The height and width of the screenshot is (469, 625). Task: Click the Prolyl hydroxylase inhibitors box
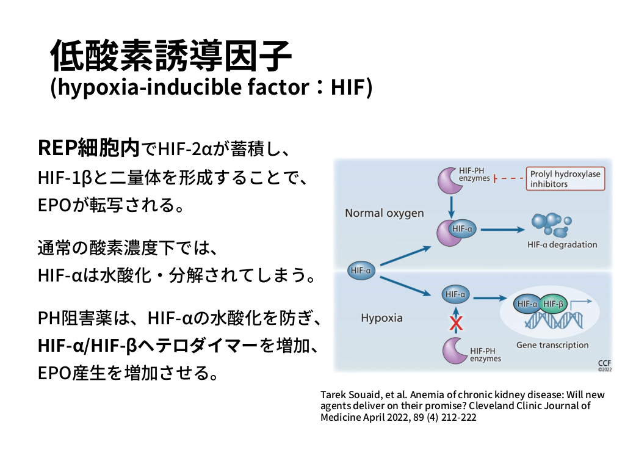565,179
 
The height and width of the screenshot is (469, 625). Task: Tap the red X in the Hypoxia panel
455,322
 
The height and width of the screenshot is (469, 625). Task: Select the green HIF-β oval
552,304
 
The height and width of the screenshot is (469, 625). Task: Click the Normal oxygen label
384,213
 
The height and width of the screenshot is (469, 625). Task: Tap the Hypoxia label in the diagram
381,318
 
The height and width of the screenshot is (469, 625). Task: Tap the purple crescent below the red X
454,351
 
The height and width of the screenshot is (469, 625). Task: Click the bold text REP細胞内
89,147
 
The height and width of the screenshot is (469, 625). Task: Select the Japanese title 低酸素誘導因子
171,56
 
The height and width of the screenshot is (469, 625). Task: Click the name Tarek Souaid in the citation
345,394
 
